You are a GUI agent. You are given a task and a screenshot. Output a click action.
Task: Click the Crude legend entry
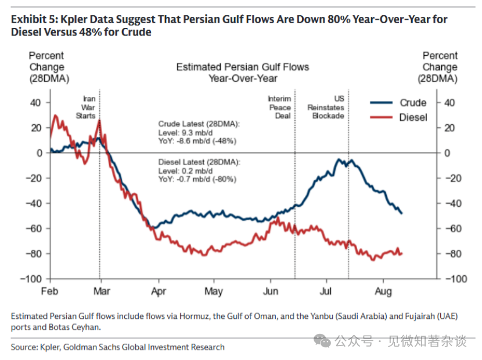[398, 103]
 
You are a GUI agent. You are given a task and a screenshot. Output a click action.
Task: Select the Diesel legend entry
[398, 117]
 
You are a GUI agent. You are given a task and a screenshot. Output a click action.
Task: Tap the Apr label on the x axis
[159, 291]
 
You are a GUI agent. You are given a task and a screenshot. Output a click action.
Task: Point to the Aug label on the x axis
[383, 291]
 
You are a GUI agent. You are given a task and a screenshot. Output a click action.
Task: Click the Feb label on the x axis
[49, 291]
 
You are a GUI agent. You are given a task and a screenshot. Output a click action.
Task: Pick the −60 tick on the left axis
[34, 228]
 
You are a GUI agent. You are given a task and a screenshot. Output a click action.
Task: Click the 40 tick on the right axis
[449, 103]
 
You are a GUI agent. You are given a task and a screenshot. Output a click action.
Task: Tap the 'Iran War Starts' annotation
[86, 107]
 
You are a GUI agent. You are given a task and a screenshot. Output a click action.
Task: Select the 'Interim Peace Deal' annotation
[279, 107]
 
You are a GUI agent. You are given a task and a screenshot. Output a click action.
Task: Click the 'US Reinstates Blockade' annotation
[326, 107]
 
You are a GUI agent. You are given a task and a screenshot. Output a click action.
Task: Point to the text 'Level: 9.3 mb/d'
[185, 133]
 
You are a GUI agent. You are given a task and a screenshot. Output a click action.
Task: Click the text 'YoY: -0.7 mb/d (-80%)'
[197, 179]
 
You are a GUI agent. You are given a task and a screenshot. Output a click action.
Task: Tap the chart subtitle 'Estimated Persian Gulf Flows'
[243, 67]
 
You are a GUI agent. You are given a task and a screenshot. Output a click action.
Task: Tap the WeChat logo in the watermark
[322, 341]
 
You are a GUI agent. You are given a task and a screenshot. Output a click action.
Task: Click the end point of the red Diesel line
[402, 254]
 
